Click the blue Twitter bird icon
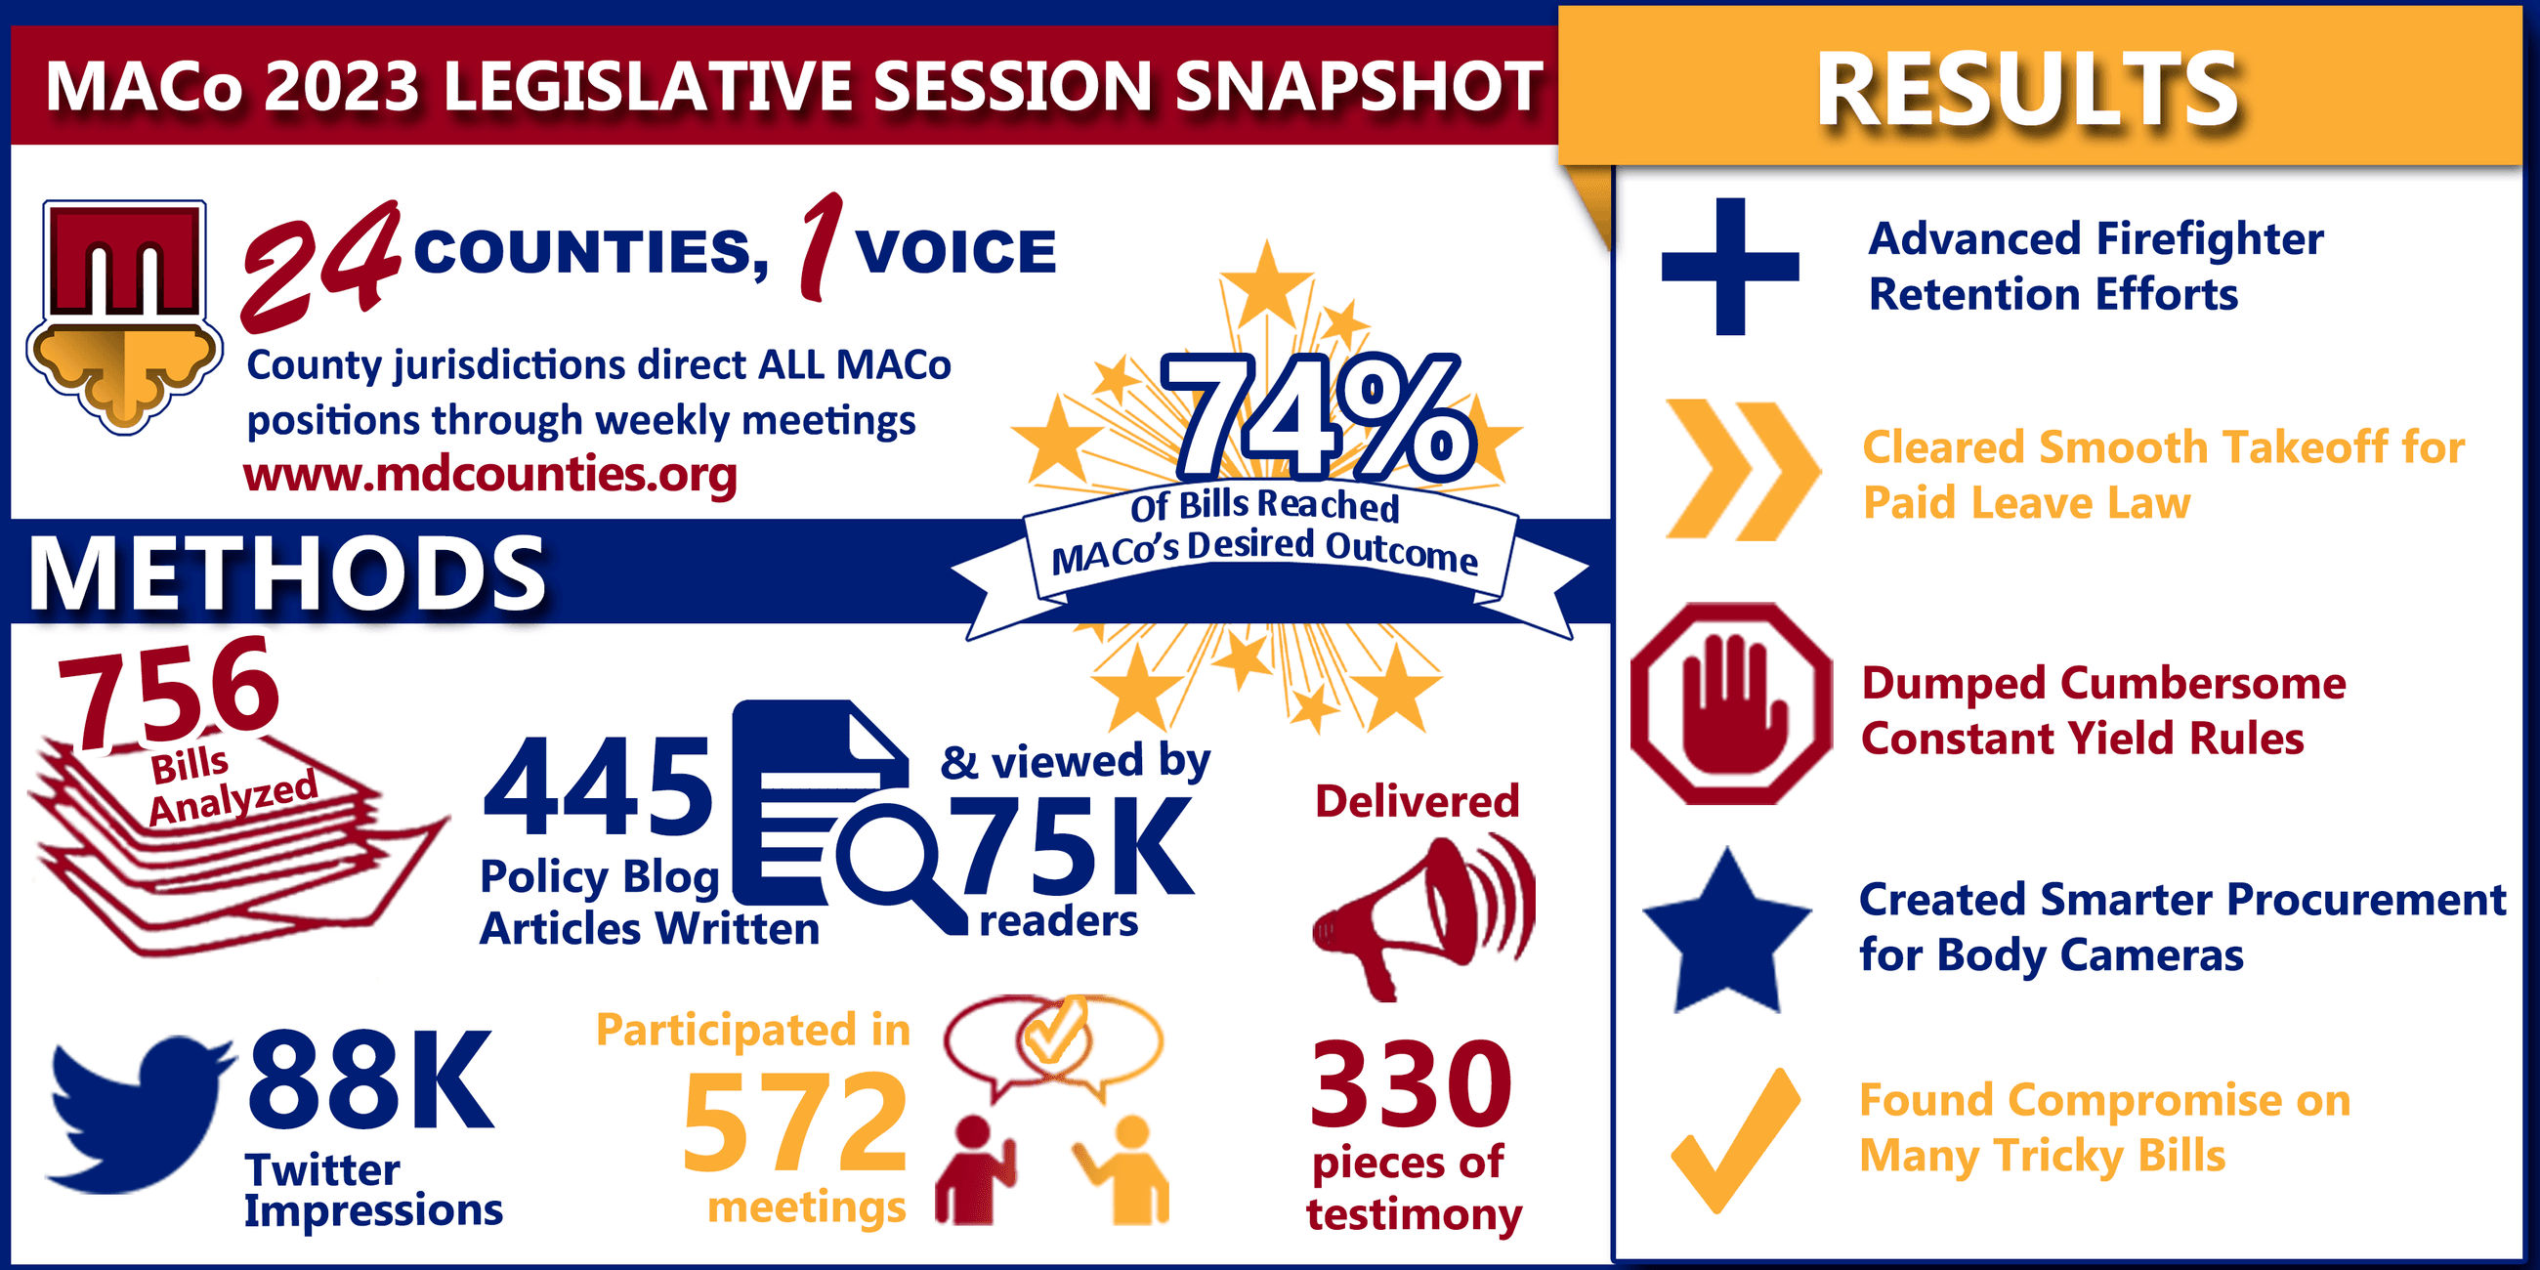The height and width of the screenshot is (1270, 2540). pos(138,1109)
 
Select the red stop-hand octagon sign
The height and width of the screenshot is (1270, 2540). pos(1731,704)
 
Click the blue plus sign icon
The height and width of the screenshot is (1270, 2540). pos(1730,267)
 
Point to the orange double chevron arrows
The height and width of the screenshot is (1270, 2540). pos(1741,470)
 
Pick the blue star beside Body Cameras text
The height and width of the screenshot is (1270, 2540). pos(1727,933)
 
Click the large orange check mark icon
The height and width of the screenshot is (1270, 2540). pos(1735,1139)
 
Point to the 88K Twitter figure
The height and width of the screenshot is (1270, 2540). pos(369,1079)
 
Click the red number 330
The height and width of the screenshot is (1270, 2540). pos(1411,1084)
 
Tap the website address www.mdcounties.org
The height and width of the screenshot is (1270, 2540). pos(490,475)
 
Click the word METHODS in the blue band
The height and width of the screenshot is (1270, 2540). pos(286,573)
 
